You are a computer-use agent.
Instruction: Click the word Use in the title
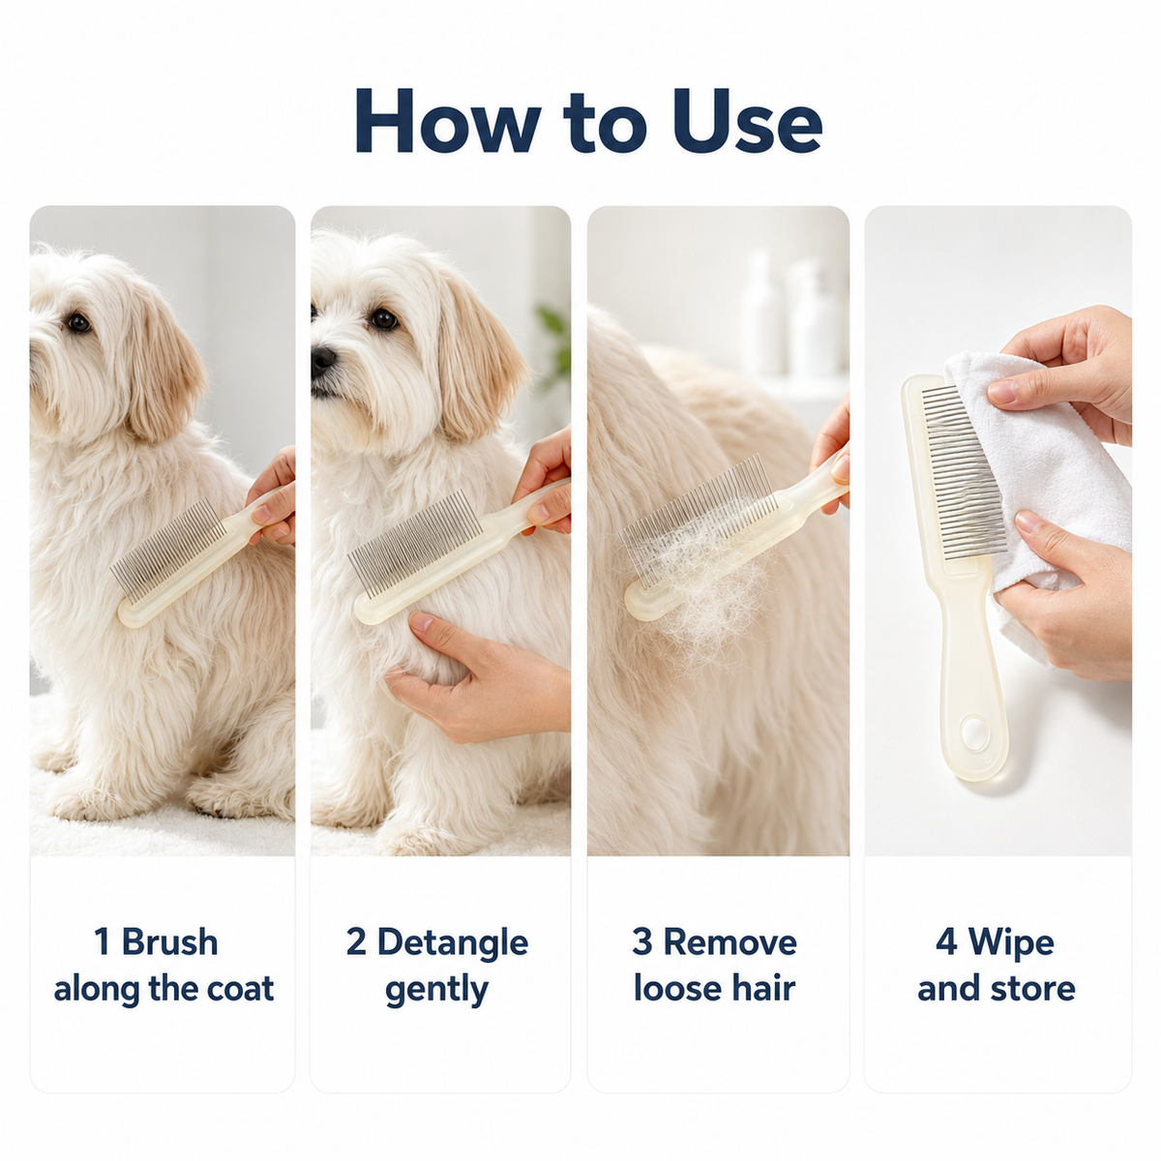(747, 122)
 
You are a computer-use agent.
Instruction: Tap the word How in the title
(448, 122)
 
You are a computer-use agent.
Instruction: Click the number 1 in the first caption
(103, 941)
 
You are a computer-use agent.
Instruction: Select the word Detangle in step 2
(453, 941)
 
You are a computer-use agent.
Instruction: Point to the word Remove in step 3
(729, 941)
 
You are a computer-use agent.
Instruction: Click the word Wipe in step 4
(1011, 942)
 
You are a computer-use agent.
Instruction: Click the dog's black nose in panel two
(322, 359)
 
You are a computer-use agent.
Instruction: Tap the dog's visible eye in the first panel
(79, 323)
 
